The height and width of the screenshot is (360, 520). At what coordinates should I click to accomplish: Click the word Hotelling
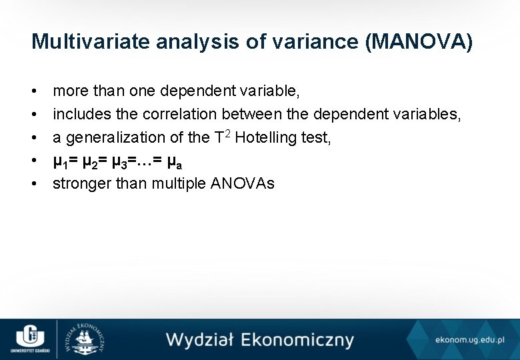point(264,137)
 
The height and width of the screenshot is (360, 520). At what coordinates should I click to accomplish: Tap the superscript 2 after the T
point(228,133)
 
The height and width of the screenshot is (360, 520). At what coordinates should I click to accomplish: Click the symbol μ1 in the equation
point(61,161)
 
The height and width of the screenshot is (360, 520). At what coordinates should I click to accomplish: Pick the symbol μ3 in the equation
point(119,161)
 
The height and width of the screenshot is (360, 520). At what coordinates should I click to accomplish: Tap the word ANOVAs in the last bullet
point(242,183)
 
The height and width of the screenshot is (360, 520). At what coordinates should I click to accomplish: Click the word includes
point(79,115)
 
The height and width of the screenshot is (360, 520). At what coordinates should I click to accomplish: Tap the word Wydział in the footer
point(199,339)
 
